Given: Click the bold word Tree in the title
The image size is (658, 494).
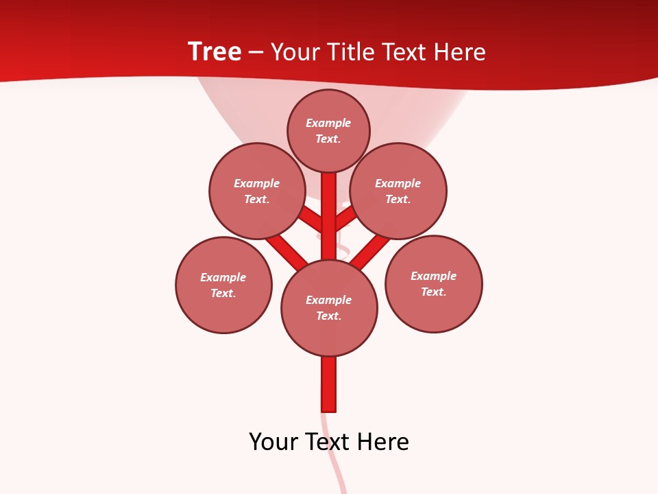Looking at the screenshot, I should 215,51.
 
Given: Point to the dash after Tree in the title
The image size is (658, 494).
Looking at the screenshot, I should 256,53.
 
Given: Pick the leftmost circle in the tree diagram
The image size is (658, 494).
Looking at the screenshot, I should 223,285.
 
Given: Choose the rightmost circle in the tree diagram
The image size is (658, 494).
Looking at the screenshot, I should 434,283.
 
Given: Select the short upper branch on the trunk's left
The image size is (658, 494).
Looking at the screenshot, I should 311,219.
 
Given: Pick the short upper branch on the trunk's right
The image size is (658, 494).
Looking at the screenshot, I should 344,218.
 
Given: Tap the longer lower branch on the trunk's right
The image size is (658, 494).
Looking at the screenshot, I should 370,251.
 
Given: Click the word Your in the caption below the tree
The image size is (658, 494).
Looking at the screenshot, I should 273,442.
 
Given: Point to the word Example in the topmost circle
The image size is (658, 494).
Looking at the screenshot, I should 328,123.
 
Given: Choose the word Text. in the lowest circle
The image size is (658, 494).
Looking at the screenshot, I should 328,316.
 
